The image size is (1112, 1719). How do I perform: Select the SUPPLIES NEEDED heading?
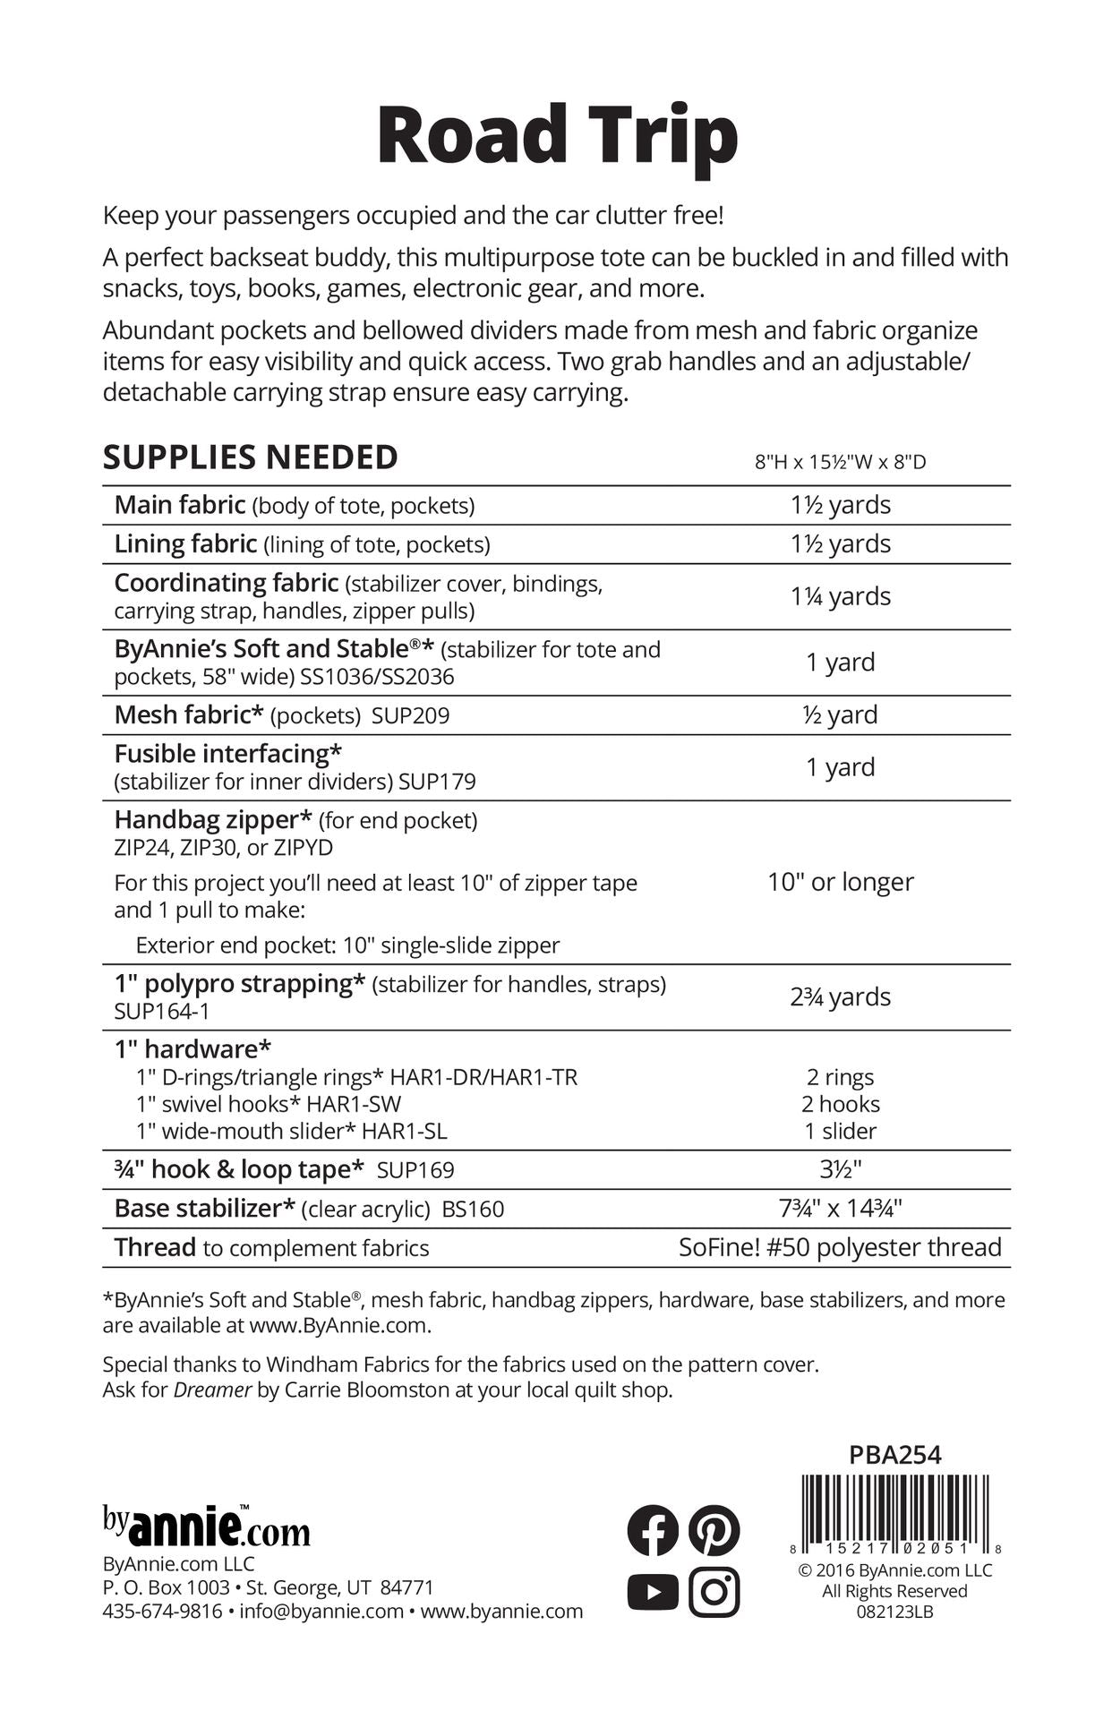coord(251,458)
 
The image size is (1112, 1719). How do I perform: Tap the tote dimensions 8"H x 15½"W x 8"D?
coord(840,462)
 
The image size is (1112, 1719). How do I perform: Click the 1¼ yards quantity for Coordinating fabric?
coord(840,596)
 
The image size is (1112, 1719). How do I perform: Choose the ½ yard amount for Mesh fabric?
coord(840,714)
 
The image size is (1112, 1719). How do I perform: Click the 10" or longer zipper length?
coord(840,882)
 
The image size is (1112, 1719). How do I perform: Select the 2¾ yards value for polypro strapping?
coord(840,996)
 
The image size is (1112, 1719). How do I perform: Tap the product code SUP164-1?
coord(161,1011)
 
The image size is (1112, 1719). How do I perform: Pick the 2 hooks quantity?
coord(840,1104)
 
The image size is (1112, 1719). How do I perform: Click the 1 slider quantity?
coord(840,1131)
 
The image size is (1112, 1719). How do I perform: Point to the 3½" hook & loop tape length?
coord(840,1169)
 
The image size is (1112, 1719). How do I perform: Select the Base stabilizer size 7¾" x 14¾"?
coord(840,1209)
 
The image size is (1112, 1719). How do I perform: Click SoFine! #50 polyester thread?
coord(840,1247)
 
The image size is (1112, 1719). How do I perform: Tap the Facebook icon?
coord(653,1530)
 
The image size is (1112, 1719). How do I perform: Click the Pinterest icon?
coord(714,1530)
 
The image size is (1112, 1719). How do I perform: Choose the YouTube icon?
coord(653,1592)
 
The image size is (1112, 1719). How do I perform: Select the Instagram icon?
coord(714,1592)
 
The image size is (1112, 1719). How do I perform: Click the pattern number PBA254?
coord(894,1455)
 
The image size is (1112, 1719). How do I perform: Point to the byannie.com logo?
coord(206,1527)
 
